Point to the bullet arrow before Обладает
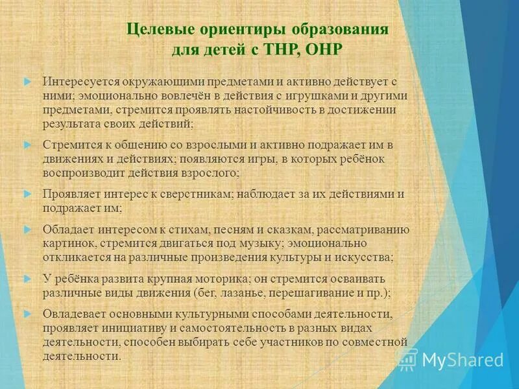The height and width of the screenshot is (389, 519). [27, 229]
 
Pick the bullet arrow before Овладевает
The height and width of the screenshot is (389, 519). [27, 313]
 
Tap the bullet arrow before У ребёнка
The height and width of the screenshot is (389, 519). [27, 278]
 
